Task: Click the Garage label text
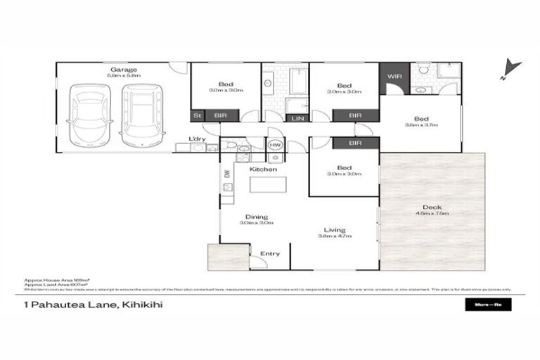(x=122, y=70)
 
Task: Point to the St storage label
(x=197, y=115)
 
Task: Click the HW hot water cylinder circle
(x=274, y=145)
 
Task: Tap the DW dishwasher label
(x=227, y=174)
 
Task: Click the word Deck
(x=432, y=207)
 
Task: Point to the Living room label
(x=334, y=229)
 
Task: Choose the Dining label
(x=256, y=217)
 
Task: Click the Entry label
(x=270, y=254)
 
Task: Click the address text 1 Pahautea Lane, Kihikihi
(x=88, y=305)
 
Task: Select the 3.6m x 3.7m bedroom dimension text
(x=421, y=125)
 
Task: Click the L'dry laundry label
(x=198, y=139)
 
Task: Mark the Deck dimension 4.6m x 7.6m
(x=432, y=213)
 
